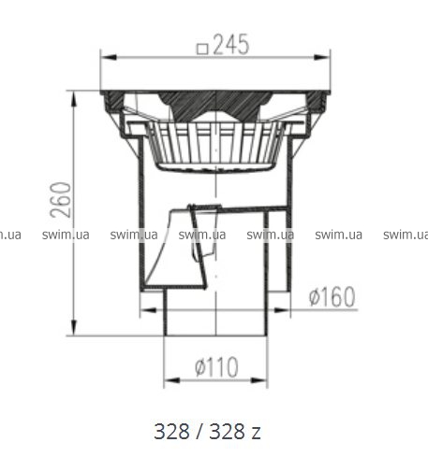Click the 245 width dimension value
click(x=231, y=45)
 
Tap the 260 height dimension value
click(x=61, y=200)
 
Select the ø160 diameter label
click(x=332, y=296)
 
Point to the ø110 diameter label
click(x=216, y=366)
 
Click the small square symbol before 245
click(x=202, y=50)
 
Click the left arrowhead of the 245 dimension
click(x=109, y=58)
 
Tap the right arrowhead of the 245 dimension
click(x=322, y=58)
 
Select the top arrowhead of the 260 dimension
click(x=74, y=99)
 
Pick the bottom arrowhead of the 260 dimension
click(x=74, y=328)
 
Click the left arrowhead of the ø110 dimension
click(x=172, y=380)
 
